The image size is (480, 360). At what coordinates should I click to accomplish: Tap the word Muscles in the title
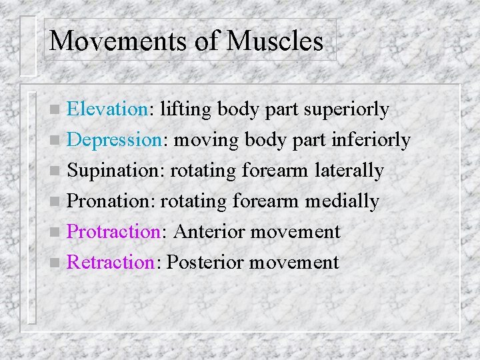(x=274, y=41)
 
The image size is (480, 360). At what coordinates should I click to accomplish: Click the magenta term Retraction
(x=111, y=262)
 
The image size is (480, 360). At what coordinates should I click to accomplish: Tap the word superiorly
(x=346, y=109)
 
